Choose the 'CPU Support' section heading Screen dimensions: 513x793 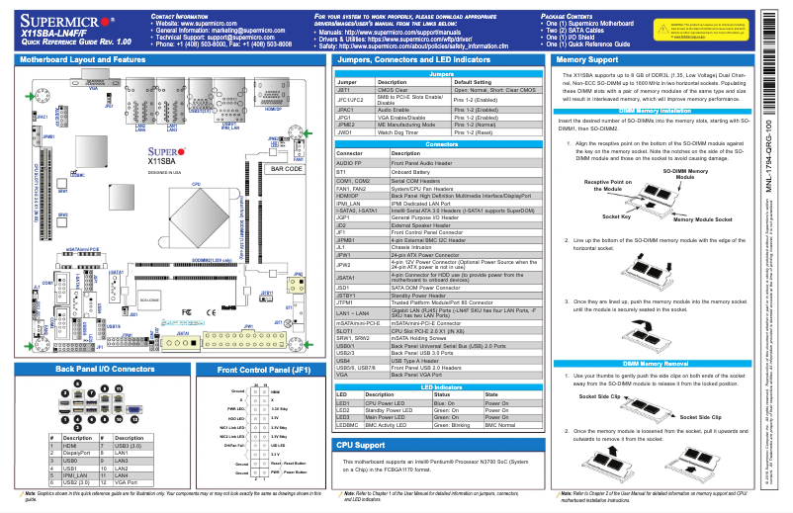(x=362, y=446)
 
